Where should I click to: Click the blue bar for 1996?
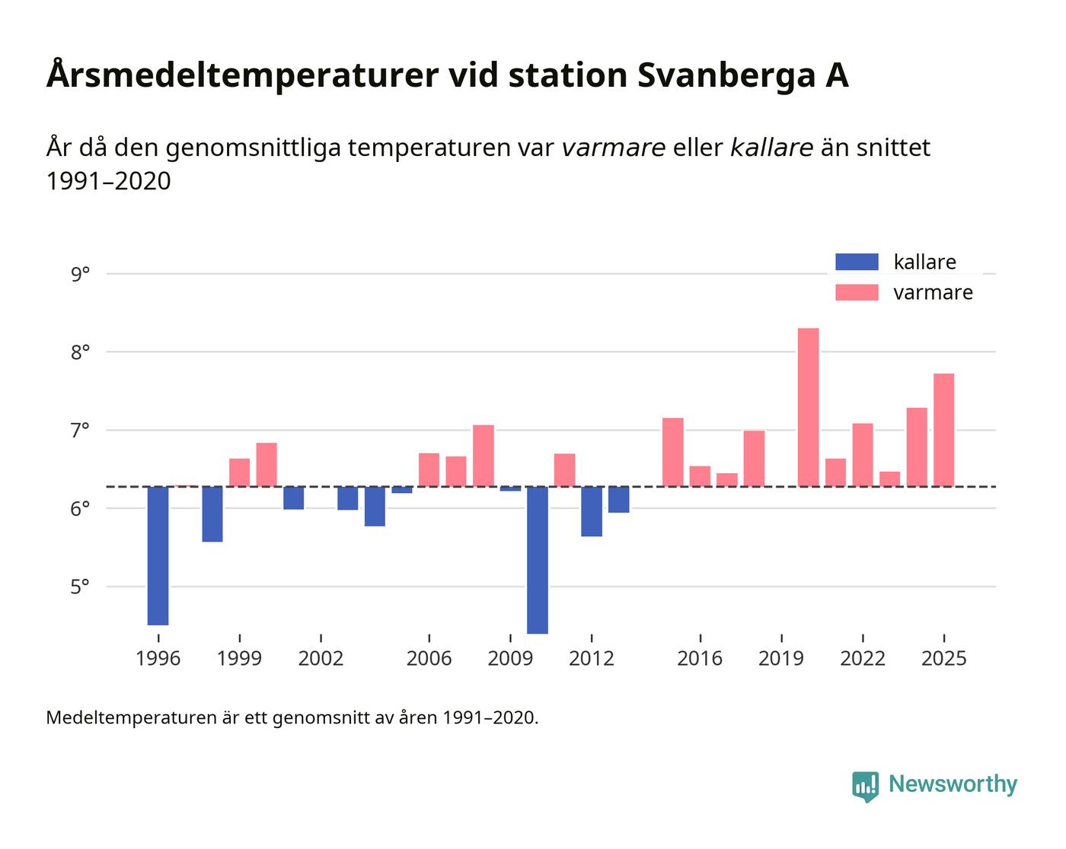click(x=158, y=555)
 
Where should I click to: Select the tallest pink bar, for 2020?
click(x=808, y=407)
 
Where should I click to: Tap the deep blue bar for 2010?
click(x=537, y=560)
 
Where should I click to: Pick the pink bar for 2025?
click(x=943, y=430)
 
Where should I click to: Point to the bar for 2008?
click(x=484, y=456)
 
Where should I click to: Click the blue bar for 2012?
click(x=592, y=511)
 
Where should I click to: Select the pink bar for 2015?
click(x=672, y=452)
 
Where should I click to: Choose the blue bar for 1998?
click(x=212, y=514)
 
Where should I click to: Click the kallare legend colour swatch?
click(x=857, y=262)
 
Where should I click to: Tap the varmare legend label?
click(x=933, y=293)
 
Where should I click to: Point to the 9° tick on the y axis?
click(x=80, y=274)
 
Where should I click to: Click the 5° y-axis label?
click(x=80, y=587)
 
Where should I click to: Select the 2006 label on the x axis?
click(x=429, y=658)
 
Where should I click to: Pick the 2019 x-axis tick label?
click(x=781, y=658)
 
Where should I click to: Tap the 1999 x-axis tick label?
click(x=239, y=658)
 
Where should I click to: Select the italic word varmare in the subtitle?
click(x=614, y=147)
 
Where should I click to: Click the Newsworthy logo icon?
click(x=865, y=786)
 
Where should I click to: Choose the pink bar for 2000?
click(x=266, y=465)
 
